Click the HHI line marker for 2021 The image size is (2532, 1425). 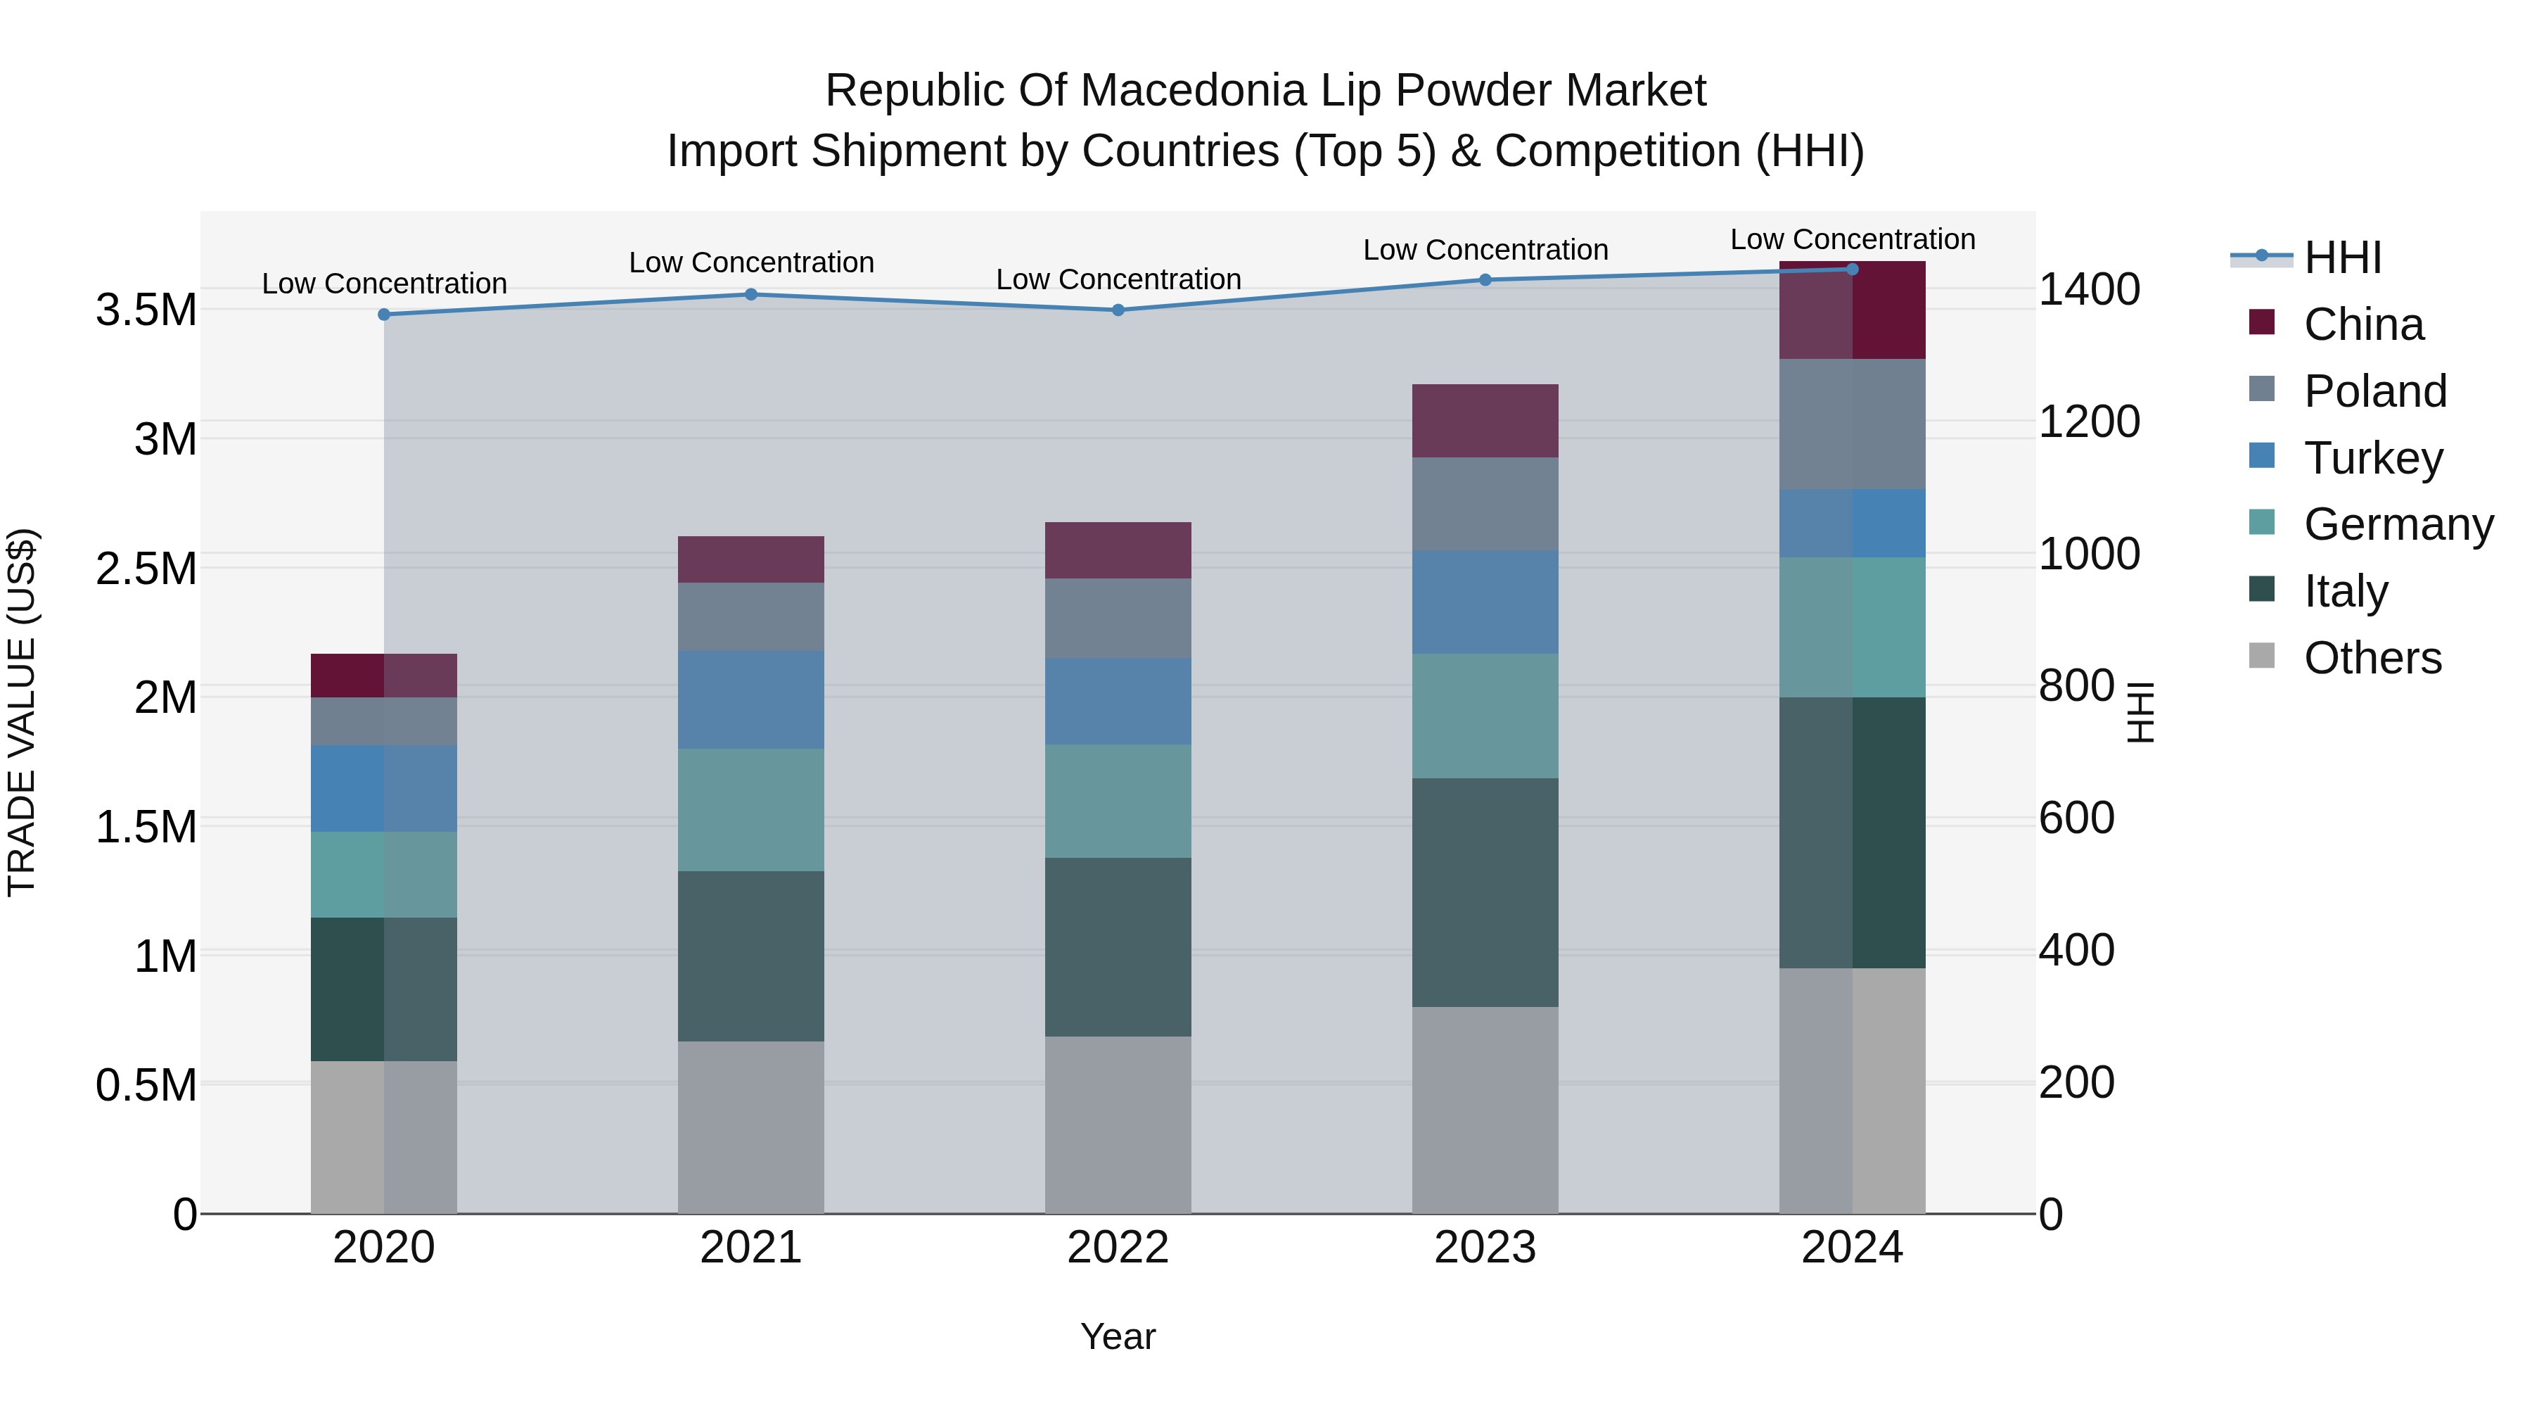[x=751, y=294]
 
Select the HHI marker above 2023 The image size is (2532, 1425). [x=1485, y=280]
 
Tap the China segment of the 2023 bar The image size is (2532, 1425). [x=1485, y=421]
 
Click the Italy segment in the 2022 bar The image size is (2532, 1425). [x=1118, y=947]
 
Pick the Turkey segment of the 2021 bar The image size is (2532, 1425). [x=751, y=700]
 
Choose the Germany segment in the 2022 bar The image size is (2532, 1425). [x=1118, y=802]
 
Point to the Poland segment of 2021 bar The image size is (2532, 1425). [x=751, y=616]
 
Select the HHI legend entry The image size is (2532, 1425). [x=2341, y=258]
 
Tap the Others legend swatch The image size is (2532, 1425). [x=2262, y=656]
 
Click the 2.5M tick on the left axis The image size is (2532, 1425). [x=146, y=569]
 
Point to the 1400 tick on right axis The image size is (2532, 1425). [x=2089, y=289]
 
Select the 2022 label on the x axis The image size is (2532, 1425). [x=1118, y=1248]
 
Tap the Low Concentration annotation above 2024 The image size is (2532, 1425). [x=1852, y=239]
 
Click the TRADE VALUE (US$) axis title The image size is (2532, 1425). [x=22, y=712]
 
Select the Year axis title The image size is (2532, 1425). [x=1118, y=1336]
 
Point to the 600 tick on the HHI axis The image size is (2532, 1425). [x=2076, y=818]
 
